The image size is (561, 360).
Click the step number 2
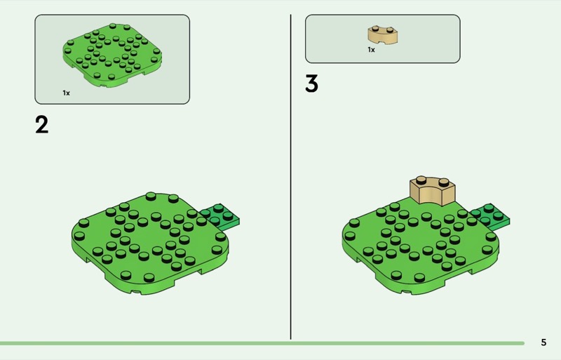pos(41,125)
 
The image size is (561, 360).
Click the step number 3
pos(311,84)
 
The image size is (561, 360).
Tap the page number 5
pos(543,342)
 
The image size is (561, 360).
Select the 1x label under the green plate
pos(66,93)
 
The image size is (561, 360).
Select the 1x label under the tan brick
pos(372,50)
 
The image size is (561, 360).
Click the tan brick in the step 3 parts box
pos(382,36)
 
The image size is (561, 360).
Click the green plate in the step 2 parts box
pos(112,55)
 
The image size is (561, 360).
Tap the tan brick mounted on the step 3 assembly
pos(432,191)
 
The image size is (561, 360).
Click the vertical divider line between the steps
pos(290,177)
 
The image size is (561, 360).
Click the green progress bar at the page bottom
pos(262,343)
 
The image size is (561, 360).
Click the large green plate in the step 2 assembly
pos(150,244)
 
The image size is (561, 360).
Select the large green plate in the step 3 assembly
pos(421,247)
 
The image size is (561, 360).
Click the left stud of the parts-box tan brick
pos(375,27)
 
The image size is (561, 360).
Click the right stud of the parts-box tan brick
pos(390,29)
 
